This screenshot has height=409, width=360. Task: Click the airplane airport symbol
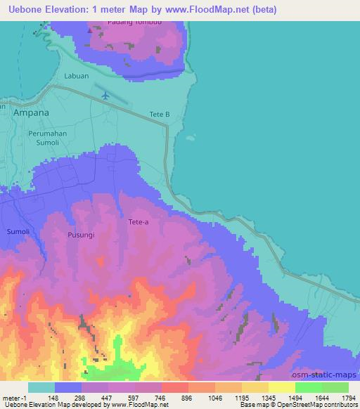[105, 94]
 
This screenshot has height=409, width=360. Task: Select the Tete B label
[160, 115]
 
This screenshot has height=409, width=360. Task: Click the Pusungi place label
[81, 235]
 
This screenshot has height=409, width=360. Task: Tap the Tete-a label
[139, 222]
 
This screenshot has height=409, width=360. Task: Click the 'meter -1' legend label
[14, 396]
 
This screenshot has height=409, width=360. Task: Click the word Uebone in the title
[24, 10]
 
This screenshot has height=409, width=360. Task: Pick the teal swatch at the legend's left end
[41, 387]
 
